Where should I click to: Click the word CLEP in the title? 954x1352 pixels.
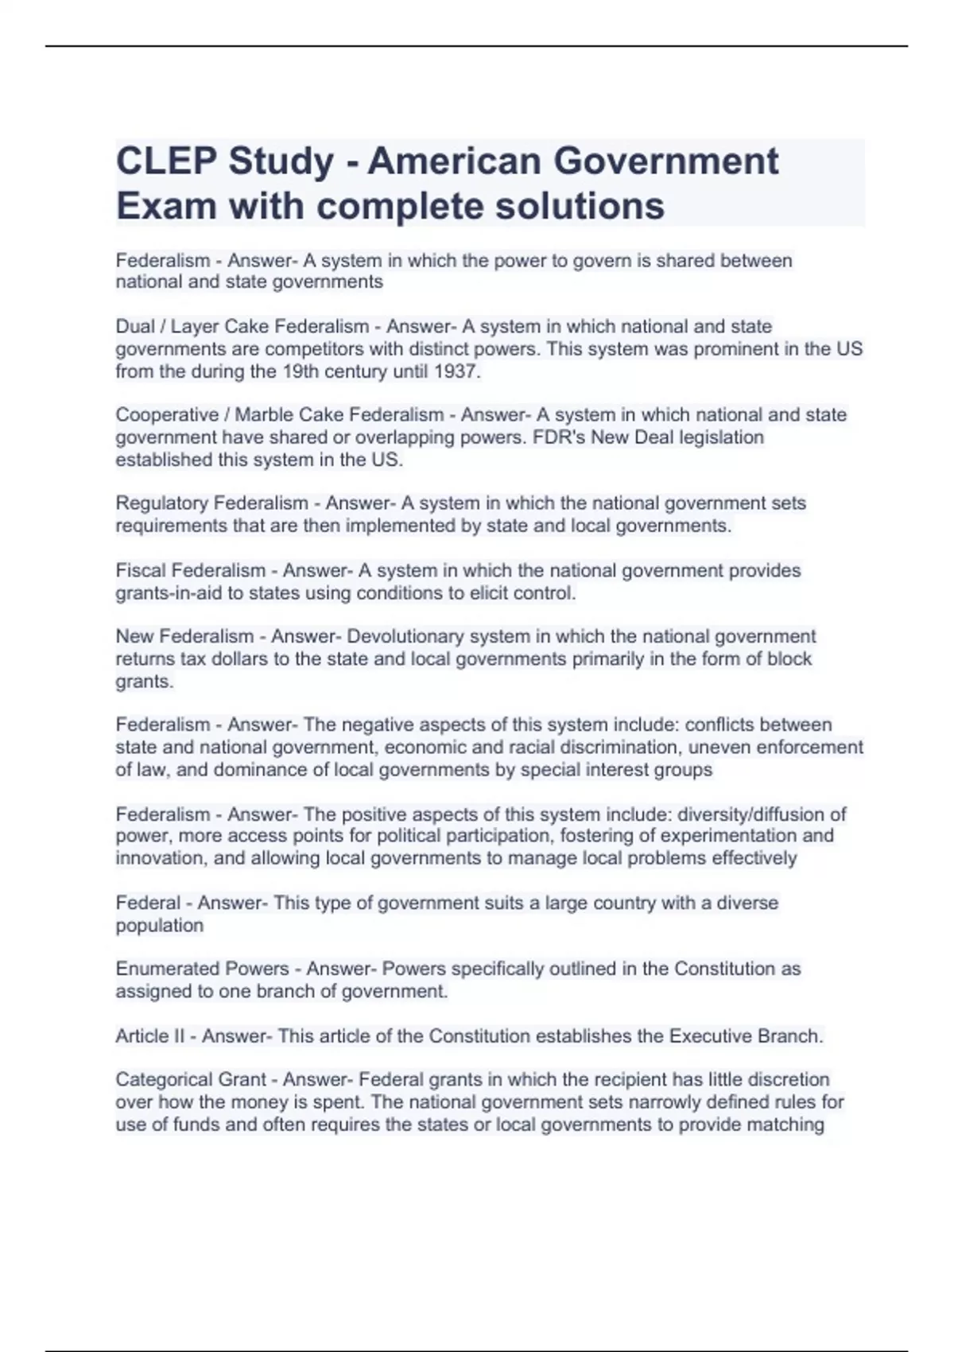(x=165, y=161)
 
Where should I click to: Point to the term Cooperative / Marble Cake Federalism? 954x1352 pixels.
(x=279, y=415)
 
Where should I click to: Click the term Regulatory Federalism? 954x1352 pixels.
(x=211, y=503)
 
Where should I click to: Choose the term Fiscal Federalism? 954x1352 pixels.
(x=191, y=571)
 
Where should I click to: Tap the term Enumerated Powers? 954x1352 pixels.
(x=202, y=969)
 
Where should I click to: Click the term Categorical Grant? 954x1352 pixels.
(x=191, y=1080)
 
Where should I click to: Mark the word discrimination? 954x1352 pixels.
(x=619, y=748)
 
